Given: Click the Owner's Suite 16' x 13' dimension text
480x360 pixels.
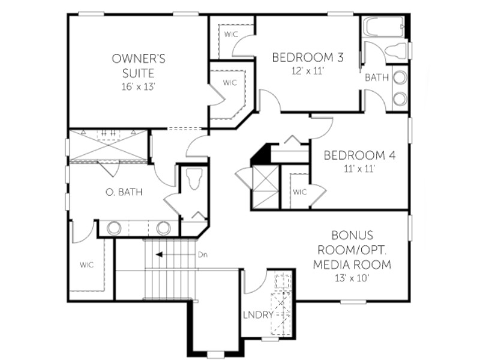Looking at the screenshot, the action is click(x=139, y=87).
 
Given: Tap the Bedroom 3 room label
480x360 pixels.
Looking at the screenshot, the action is click(x=308, y=57).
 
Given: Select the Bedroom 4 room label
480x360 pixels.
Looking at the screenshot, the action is click(x=359, y=155).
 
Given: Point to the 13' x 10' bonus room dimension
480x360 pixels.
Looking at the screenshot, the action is click(x=352, y=278).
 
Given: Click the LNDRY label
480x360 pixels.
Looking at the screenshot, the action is click(x=258, y=314).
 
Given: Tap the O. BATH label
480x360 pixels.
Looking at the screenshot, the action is click(x=124, y=192).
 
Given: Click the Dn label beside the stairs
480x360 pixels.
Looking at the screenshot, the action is click(x=203, y=254).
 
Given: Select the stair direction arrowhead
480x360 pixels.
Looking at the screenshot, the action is click(x=159, y=254).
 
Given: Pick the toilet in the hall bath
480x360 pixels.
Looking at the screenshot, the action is click(x=396, y=50).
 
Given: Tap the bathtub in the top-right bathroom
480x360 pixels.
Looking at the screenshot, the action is click(x=385, y=27).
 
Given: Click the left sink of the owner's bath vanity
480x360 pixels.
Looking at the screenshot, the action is click(x=114, y=228).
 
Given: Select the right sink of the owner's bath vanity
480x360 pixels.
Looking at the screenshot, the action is click(x=163, y=228).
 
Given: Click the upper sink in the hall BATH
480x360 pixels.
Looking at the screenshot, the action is click(x=400, y=78).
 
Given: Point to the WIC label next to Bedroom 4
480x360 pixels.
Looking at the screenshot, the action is click(x=299, y=192).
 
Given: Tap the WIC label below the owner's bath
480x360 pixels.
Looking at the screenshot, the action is click(x=87, y=265).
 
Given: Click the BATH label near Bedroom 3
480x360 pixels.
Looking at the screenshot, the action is click(x=377, y=78).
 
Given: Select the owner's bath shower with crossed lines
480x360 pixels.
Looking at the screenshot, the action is click(x=109, y=145).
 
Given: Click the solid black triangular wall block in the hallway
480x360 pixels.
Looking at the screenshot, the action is click(x=260, y=154).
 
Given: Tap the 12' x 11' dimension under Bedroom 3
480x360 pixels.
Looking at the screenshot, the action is click(x=308, y=71).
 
